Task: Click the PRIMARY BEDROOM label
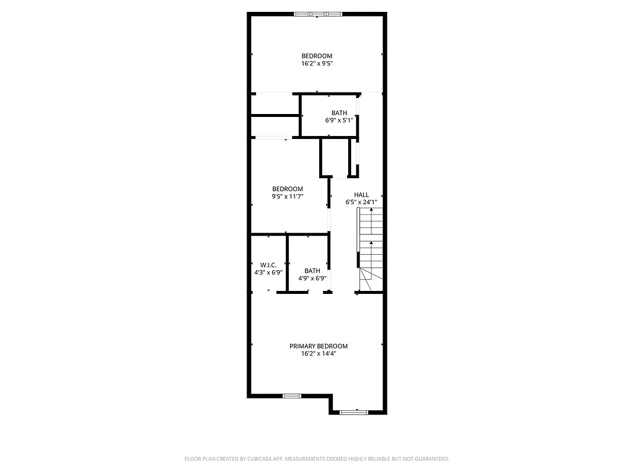[318, 346]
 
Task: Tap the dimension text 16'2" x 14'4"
[318, 354]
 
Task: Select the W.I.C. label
[268, 265]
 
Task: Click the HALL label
[361, 195]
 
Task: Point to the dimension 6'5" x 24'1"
[361, 202]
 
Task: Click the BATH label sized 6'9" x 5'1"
[339, 113]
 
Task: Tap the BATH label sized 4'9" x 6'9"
[312, 271]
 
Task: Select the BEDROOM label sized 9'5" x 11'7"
[288, 189]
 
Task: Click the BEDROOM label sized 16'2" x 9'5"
[317, 56]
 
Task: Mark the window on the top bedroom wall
[318, 14]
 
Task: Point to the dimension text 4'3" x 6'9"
[268, 273]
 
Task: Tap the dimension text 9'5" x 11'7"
[288, 197]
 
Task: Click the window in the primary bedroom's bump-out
[355, 411]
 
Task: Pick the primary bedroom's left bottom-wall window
[292, 396]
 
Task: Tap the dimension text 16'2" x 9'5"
[317, 64]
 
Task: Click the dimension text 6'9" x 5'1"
[339, 121]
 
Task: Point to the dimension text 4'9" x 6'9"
[312, 278]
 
